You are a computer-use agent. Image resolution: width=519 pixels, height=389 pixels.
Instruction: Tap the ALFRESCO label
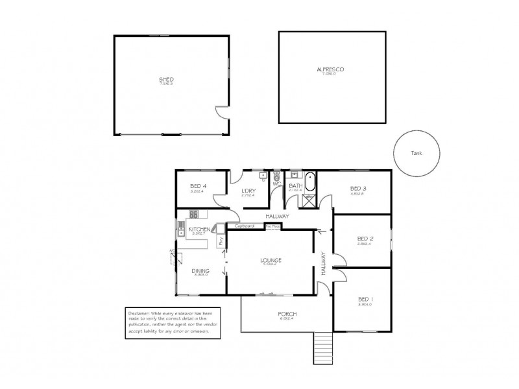pyautogui.click(x=330, y=69)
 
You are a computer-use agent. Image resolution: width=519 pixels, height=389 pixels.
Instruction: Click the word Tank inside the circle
pyautogui.click(x=416, y=154)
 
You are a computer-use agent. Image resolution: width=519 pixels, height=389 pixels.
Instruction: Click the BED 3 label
pyautogui.click(x=358, y=187)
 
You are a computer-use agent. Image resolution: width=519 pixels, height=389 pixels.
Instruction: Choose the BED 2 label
pyautogui.click(x=363, y=238)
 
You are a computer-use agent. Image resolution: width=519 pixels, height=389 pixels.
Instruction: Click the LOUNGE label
pyautogui.click(x=271, y=260)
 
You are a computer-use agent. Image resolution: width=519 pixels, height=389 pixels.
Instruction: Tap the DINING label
pyautogui.click(x=200, y=272)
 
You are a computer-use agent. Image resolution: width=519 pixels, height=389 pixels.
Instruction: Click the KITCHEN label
pyautogui.click(x=199, y=230)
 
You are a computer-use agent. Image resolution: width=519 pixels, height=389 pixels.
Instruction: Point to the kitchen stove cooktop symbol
pyautogui.click(x=193, y=214)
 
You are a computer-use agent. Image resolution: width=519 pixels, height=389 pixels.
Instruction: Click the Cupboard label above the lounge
pyautogui.click(x=244, y=226)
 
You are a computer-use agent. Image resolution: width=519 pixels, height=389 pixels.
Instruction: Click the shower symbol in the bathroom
pyautogui.click(x=304, y=201)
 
